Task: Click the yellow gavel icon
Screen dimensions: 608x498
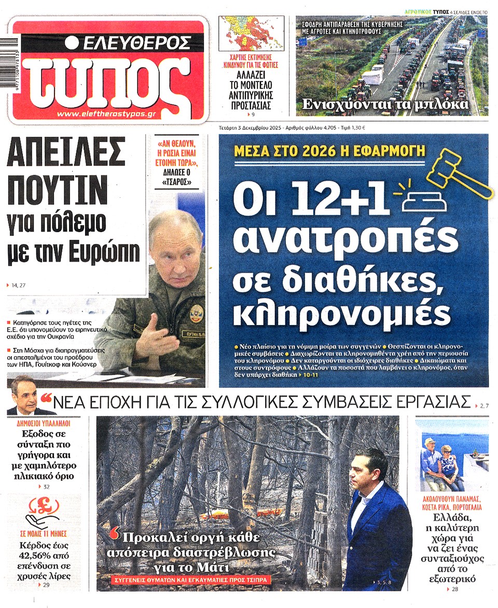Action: click(x=459, y=173)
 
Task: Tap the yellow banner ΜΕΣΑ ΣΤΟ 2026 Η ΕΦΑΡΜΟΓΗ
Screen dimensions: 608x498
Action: click(x=329, y=151)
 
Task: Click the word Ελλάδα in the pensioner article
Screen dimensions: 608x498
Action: click(x=455, y=519)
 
